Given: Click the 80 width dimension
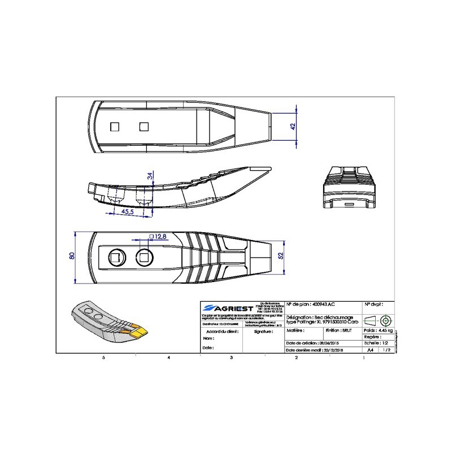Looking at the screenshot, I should click(72, 257).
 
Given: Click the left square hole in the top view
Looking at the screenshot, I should click(115, 125).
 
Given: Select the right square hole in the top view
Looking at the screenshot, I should click(144, 125).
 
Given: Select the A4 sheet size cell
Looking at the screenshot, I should click(371, 350).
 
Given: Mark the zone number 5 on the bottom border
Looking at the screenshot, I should click(103, 358).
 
